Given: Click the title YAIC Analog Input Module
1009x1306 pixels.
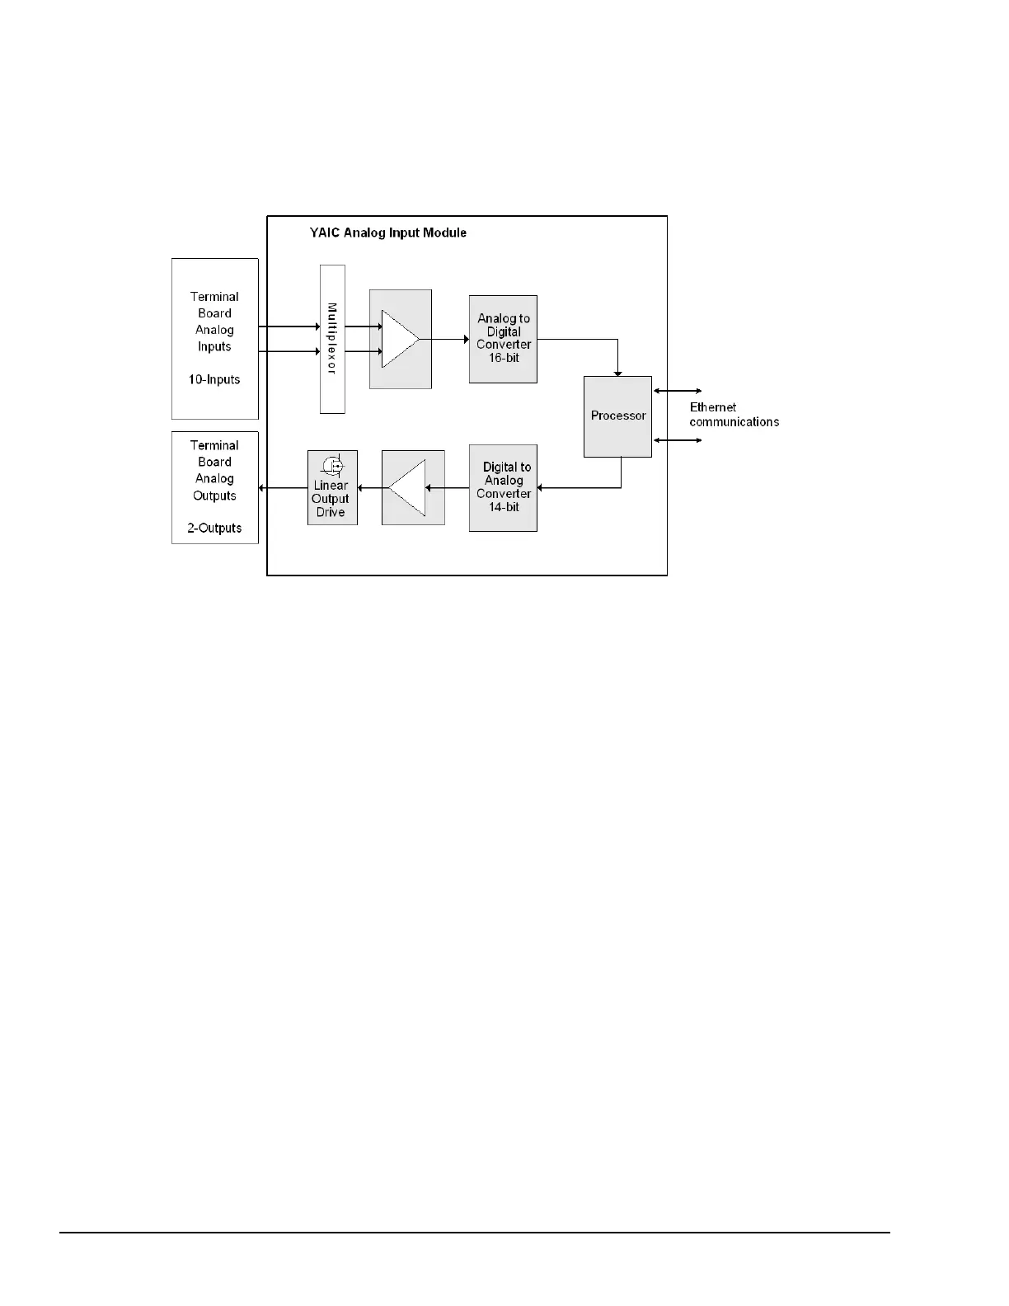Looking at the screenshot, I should pyautogui.click(x=387, y=233).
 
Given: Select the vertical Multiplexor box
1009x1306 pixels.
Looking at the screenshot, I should pyautogui.click(x=332, y=339).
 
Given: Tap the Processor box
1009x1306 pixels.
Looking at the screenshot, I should pyautogui.click(x=617, y=416).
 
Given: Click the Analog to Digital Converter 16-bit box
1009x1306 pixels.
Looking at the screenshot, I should pyautogui.click(x=503, y=339).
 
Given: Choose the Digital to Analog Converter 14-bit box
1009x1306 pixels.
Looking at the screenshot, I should pyautogui.click(x=503, y=487).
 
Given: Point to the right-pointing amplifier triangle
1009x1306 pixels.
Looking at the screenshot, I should pyautogui.click(x=399, y=339).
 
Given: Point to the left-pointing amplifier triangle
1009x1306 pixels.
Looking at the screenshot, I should pyautogui.click(x=409, y=488).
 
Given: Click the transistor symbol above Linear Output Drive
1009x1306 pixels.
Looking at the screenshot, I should pyautogui.click(x=333, y=465).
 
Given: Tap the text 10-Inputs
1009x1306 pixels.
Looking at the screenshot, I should pyautogui.click(x=214, y=380).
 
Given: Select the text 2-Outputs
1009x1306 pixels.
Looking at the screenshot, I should pyautogui.click(x=214, y=529).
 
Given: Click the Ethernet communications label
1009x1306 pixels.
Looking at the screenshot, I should pyautogui.click(x=734, y=415).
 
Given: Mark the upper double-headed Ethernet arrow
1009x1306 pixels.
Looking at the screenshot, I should pyautogui.click(x=677, y=391).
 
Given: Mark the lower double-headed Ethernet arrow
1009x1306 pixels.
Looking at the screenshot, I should pyautogui.click(x=677, y=440).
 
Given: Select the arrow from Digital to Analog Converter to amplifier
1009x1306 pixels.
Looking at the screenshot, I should pyautogui.click(x=447, y=488).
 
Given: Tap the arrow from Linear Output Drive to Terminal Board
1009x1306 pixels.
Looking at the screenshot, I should pyautogui.click(x=283, y=488).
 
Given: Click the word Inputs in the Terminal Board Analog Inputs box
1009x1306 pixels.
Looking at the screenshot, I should pyautogui.click(x=214, y=347).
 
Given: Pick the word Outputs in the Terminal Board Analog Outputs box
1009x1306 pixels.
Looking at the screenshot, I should pyautogui.click(x=214, y=496).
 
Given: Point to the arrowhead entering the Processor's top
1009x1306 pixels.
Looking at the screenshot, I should pyautogui.click(x=617, y=372).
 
